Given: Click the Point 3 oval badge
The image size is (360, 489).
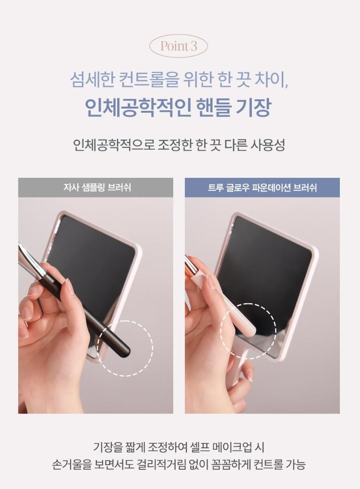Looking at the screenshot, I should [x=178, y=46].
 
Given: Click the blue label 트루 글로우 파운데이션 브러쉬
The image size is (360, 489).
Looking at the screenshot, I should [x=262, y=188].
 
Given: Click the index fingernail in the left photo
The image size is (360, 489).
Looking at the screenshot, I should [x=69, y=286].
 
